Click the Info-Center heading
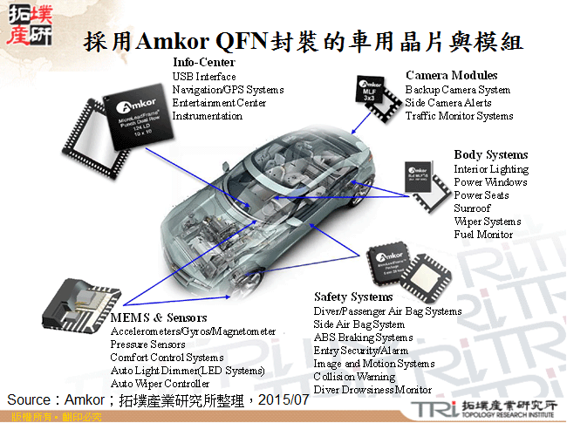(203, 63)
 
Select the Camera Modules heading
(451, 76)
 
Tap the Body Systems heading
(490, 155)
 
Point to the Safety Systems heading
(354, 297)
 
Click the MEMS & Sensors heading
(159, 317)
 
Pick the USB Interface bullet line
(204, 77)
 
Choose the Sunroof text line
(472, 208)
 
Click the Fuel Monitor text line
(483, 235)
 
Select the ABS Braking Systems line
(363, 338)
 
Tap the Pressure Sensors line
(148, 345)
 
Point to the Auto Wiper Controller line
(161, 384)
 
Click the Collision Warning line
(354, 377)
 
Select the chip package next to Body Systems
(423, 184)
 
